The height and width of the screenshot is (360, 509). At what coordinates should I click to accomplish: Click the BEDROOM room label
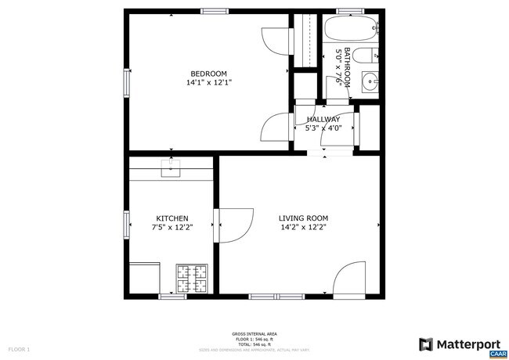tap(209, 74)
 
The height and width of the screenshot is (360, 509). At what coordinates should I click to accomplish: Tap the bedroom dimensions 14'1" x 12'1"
tap(209, 82)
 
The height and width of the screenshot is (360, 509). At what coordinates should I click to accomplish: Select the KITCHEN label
tap(172, 218)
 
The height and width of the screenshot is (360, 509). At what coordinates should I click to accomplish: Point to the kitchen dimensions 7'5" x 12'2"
tap(172, 227)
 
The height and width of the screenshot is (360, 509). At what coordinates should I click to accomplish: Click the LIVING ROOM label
tap(303, 218)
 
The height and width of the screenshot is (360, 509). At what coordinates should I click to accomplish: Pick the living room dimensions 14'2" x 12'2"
tap(303, 227)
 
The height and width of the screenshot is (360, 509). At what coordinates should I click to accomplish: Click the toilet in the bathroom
tap(366, 56)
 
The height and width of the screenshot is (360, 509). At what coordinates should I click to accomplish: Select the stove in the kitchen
tap(193, 278)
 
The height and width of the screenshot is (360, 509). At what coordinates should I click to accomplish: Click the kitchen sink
tap(171, 166)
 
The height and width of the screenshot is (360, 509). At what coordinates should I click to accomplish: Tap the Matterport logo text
tap(467, 343)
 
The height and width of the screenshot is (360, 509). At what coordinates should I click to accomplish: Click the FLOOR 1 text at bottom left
tap(19, 348)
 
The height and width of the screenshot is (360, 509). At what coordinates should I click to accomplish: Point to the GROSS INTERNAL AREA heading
tap(254, 333)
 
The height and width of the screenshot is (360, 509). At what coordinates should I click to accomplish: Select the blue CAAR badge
tap(496, 354)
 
